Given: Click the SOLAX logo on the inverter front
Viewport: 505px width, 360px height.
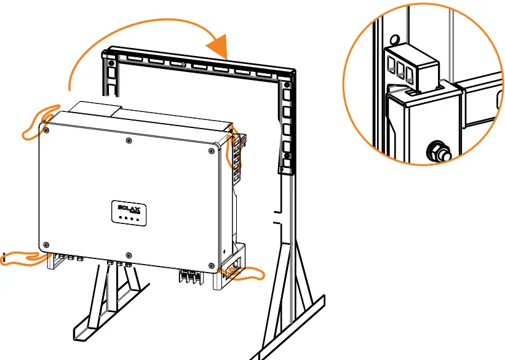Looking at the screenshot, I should coord(129,209).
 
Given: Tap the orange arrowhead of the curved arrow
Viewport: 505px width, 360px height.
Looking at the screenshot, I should coord(220,47).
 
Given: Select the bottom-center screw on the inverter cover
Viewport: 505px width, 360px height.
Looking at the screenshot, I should coord(127,255).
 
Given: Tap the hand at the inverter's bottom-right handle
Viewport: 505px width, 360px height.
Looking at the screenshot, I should coord(243,273).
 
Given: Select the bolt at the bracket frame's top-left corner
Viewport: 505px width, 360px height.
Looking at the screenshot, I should coord(110,62).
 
